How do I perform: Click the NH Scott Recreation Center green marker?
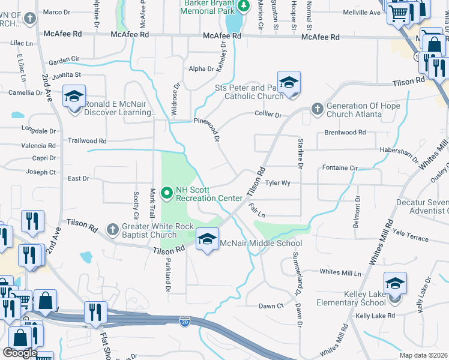[x=167, y=192]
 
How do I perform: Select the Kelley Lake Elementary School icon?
[x=396, y=284]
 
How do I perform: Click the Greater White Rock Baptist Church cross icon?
[x=112, y=229]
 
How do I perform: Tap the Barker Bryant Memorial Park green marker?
[x=243, y=6]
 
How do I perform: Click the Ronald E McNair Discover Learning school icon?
[x=74, y=97]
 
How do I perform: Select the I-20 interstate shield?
[x=185, y=322]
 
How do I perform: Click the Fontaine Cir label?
[x=340, y=168]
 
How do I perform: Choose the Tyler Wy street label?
[x=277, y=182]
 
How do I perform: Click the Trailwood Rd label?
[x=87, y=141]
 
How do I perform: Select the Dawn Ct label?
[x=271, y=306]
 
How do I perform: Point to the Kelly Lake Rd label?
[x=375, y=315]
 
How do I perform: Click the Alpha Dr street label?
[x=201, y=69]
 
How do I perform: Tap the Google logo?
[x=20, y=353]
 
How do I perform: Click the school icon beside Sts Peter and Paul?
[x=289, y=83]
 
